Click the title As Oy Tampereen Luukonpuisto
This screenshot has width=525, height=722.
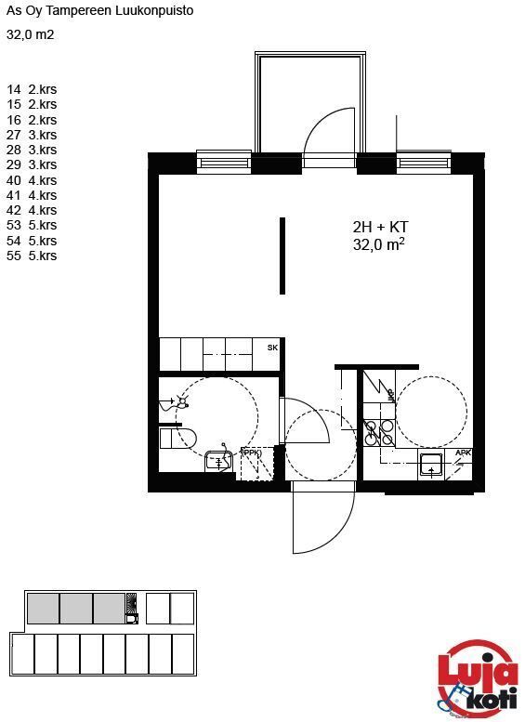pos(100,10)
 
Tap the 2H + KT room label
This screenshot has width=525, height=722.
pos(380,227)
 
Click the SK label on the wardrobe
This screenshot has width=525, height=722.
pos(272,348)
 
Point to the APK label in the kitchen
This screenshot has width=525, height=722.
pos(463,453)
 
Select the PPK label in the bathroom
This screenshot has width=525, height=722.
pos(252,453)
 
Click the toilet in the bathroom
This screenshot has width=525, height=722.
pos(178,438)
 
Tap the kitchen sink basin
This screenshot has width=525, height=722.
pos(431,465)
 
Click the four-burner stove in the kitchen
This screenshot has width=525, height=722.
pos(379,433)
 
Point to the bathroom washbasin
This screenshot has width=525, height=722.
pos(218,461)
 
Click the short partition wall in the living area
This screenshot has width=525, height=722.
pos(282,256)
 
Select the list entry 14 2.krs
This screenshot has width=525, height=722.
pos(32,89)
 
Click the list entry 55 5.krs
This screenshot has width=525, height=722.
pos(32,256)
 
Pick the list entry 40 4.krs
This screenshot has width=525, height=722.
pos(32,180)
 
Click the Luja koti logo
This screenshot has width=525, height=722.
pos(478,676)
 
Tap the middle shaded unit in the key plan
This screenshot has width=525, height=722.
pos(76,609)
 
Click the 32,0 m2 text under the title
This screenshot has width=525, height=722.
pos(31,34)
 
